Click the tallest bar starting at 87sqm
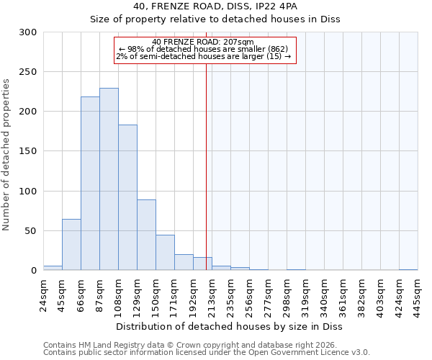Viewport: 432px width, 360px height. [109, 179]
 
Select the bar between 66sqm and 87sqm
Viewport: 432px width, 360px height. [90, 184]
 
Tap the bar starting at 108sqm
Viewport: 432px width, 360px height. [127, 198]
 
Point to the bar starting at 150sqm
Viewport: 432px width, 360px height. [165, 253]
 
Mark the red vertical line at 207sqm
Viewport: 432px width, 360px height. [207, 166]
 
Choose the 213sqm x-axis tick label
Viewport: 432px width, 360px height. [212, 294]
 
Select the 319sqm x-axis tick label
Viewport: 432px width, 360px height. [305, 294]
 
